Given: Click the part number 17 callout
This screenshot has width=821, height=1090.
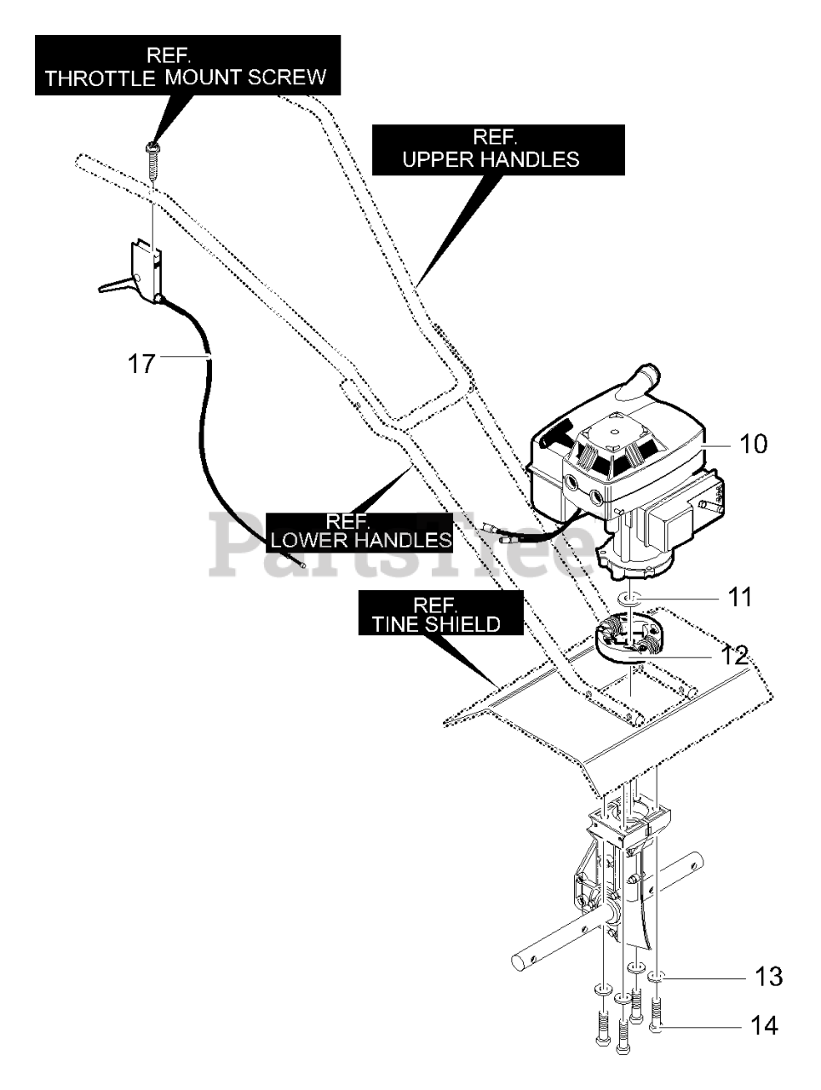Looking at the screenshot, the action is click(x=141, y=364).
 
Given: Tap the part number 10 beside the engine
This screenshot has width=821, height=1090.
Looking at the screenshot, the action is click(x=753, y=444).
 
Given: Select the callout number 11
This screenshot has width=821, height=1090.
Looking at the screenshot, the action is click(x=739, y=596).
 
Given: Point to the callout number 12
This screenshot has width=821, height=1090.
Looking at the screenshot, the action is click(x=733, y=656).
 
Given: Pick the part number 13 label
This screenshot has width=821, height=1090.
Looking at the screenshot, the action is click(x=768, y=976).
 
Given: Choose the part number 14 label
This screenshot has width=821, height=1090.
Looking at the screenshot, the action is click(x=765, y=1025).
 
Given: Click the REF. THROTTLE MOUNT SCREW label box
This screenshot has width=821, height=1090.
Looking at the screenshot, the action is click(x=187, y=65).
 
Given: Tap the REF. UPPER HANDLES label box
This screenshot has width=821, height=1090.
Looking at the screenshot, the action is click(x=498, y=150).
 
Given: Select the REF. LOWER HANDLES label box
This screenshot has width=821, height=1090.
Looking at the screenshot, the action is click(x=360, y=532).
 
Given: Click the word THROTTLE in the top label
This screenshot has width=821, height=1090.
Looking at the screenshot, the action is click(x=100, y=78).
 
